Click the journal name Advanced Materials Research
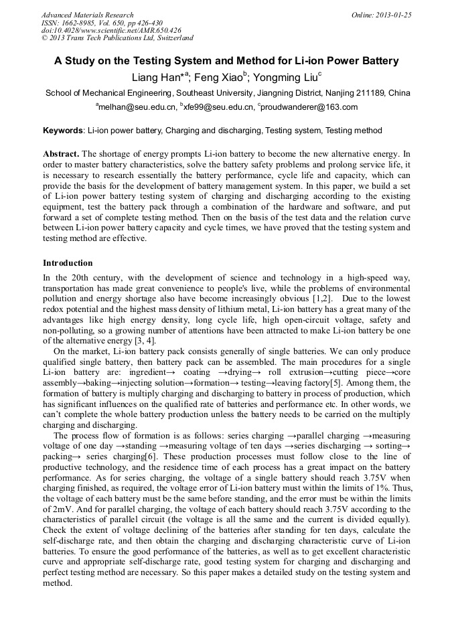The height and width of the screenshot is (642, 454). (88, 15)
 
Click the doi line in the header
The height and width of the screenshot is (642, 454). (111, 31)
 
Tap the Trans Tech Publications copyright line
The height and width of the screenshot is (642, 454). (117, 38)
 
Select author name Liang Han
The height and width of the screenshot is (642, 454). (156, 78)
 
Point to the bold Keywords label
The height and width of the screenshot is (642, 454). (64, 131)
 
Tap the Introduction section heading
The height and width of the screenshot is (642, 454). (68, 263)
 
